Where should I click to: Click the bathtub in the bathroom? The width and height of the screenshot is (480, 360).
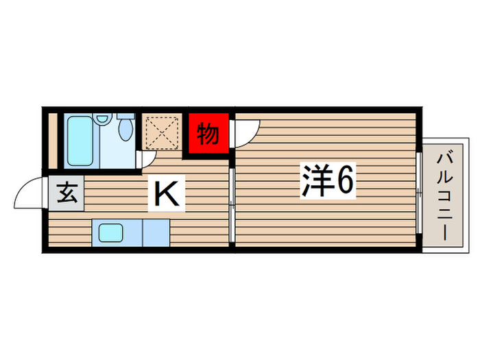pyautogui.click(x=82, y=140)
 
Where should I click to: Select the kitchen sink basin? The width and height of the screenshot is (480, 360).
pyautogui.click(x=110, y=233)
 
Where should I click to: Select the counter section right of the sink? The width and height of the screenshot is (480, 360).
pyautogui.click(x=155, y=233)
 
